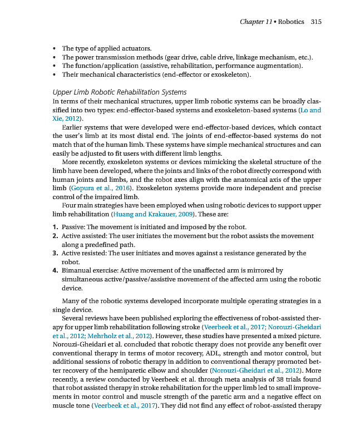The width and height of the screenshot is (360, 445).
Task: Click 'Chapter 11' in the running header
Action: point(255,22)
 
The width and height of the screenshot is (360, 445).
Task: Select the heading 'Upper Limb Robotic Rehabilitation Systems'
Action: point(119,92)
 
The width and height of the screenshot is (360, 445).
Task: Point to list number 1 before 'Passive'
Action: point(55,227)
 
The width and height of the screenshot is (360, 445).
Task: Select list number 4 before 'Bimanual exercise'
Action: point(55,270)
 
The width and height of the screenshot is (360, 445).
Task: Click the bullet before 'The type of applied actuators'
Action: point(54,48)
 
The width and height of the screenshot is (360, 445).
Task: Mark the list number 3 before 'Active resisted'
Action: point(55,253)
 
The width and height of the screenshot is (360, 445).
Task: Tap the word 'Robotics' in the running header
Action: point(291,22)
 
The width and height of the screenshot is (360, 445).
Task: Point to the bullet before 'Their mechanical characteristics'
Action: point(54,75)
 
